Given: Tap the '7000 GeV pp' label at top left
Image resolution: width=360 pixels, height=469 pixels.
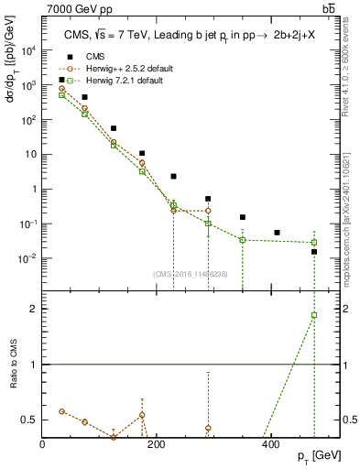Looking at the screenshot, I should [x=47, y=8].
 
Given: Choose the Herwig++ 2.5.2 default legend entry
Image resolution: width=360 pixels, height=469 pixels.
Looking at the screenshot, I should [x=115, y=68].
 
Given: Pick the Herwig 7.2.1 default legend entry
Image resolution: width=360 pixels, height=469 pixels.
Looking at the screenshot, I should [x=112, y=81].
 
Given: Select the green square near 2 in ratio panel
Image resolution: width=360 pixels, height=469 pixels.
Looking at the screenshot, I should [x=314, y=315].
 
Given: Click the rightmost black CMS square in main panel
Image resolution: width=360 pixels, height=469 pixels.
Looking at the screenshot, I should [x=314, y=251].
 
